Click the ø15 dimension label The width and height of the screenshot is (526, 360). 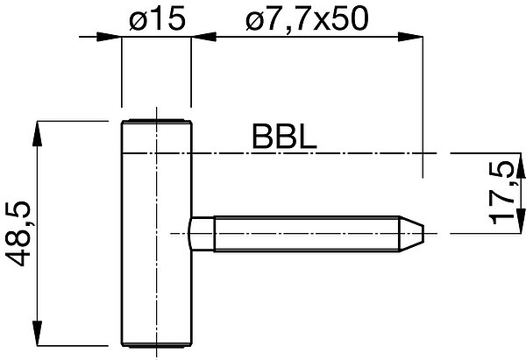(x=157, y=19)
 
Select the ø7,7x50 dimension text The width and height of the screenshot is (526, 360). (x=307, y=19)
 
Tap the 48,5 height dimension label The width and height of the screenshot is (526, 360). (x=18, y=234)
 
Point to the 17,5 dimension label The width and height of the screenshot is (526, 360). (x=501, y=193)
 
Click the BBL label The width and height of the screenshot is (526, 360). (x=284, y=137)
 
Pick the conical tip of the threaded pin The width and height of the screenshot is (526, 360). (x=412, y=233)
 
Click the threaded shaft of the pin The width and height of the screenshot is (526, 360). (x=307, y=234)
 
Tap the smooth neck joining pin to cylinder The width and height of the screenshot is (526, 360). (x=203, y=234)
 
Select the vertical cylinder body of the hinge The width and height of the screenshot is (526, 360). (x=156, y=233)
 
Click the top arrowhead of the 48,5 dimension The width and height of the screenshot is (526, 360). (x=37, y=133)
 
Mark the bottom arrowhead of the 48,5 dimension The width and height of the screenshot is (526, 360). (x=37, y=333)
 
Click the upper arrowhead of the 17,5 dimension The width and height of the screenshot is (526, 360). (x=521, y=166)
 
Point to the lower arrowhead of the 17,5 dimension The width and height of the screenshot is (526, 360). (x=521, y=221)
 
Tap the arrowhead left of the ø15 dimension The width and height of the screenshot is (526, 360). (x=109, y=37)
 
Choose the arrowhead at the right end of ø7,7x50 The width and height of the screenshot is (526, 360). (x=410, y=37)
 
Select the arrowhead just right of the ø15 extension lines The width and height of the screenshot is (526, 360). (x=203, y=37)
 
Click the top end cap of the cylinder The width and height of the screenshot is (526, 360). (x=156, y=121)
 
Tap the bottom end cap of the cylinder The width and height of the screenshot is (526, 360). (x=156, y=345)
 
